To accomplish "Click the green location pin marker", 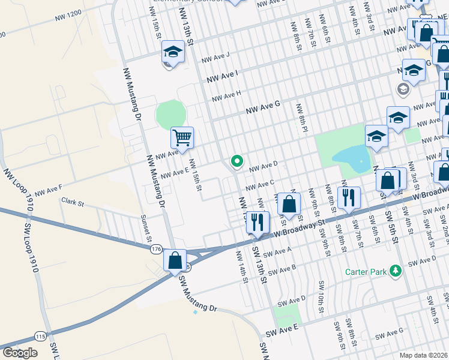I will pos(237,161).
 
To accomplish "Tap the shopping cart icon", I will pos(182,137).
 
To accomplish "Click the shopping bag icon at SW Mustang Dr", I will pos(175,261).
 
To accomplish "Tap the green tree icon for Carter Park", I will pos(395,271).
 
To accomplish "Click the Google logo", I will pos(20,353).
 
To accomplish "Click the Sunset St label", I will pos(146,228).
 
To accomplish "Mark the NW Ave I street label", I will pos(222,76).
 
